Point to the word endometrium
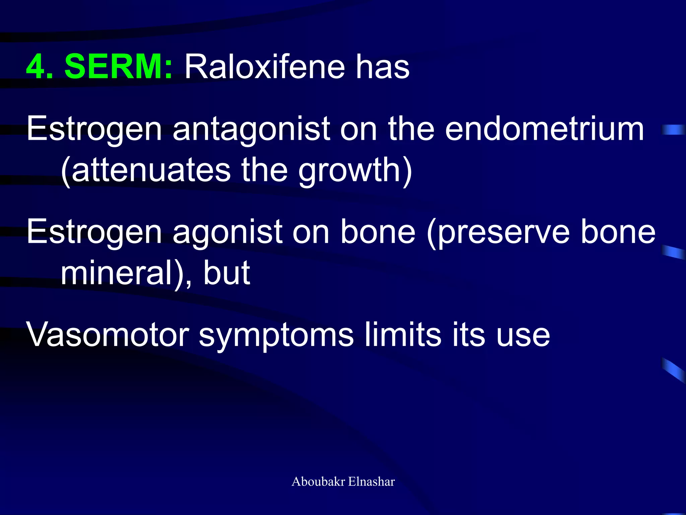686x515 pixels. (544, 129)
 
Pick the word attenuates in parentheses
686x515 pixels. (151, 170)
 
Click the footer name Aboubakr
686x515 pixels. (318, 481)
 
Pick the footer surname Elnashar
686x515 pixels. (371, 481)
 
